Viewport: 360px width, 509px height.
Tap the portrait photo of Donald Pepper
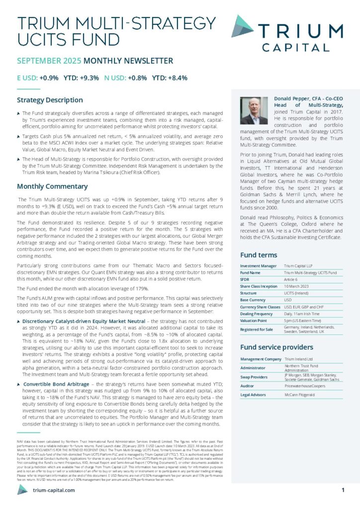pyautogui.click(x=254, y=110)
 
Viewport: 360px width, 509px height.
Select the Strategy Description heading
pyautogui.click(x=50, y=100)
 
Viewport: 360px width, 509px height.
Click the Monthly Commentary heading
pyautogui.click(x=52, y=186)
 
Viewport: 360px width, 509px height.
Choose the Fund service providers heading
pyautogui.click(x=276, y=347)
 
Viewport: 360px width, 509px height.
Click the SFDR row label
pyautogui.click(x=245, y=280)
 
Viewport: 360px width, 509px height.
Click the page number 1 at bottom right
pyautogui.click(x=343, y=490)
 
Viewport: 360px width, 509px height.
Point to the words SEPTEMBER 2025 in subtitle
pyautogui.click(x=49, y=61)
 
